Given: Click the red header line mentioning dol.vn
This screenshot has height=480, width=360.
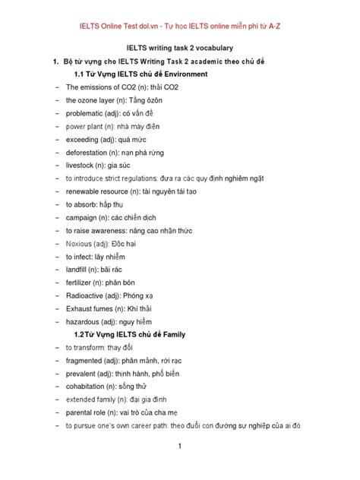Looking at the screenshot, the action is click(x=180, y=26).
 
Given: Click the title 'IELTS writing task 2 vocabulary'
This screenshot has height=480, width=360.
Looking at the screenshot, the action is click(x=180, y=47).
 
